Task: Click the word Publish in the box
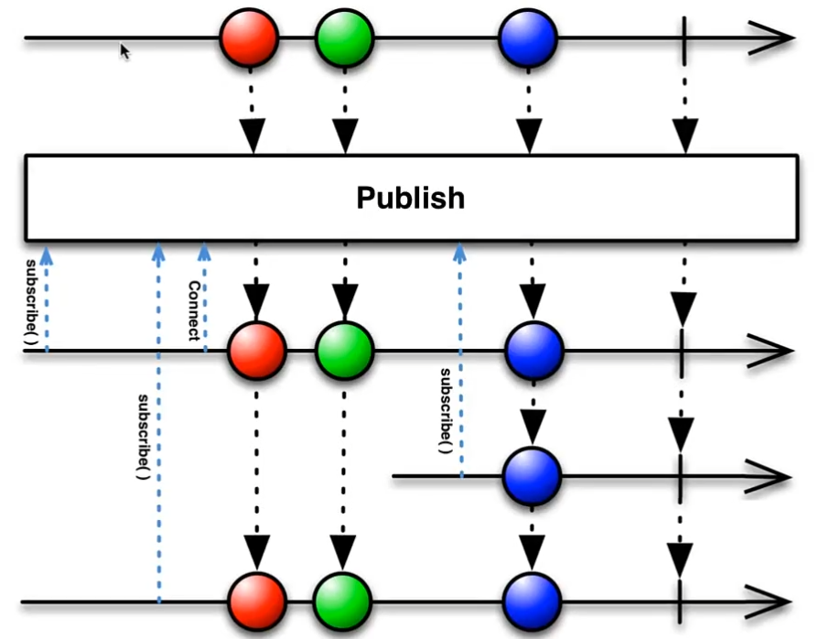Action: click(410, 198)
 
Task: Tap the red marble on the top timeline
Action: click(249, 38)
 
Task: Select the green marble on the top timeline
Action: click(344, 38)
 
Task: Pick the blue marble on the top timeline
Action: click(528, 38)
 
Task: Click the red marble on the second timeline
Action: click(257, 351)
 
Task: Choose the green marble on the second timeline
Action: click(344, 351)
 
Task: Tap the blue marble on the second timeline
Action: click(533, 351)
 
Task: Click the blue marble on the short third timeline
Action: click(532, 476)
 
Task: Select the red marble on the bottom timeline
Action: click(257, 601)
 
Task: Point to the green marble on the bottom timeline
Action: click(343, 601)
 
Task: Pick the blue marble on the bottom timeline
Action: click(532, 601)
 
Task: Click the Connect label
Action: click(194, 309)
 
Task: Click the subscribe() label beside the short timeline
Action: click(446, 410)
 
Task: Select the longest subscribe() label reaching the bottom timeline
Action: click(144, 439)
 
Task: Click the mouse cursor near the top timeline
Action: click(125, 52)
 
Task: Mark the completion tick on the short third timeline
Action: click(680, 476)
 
